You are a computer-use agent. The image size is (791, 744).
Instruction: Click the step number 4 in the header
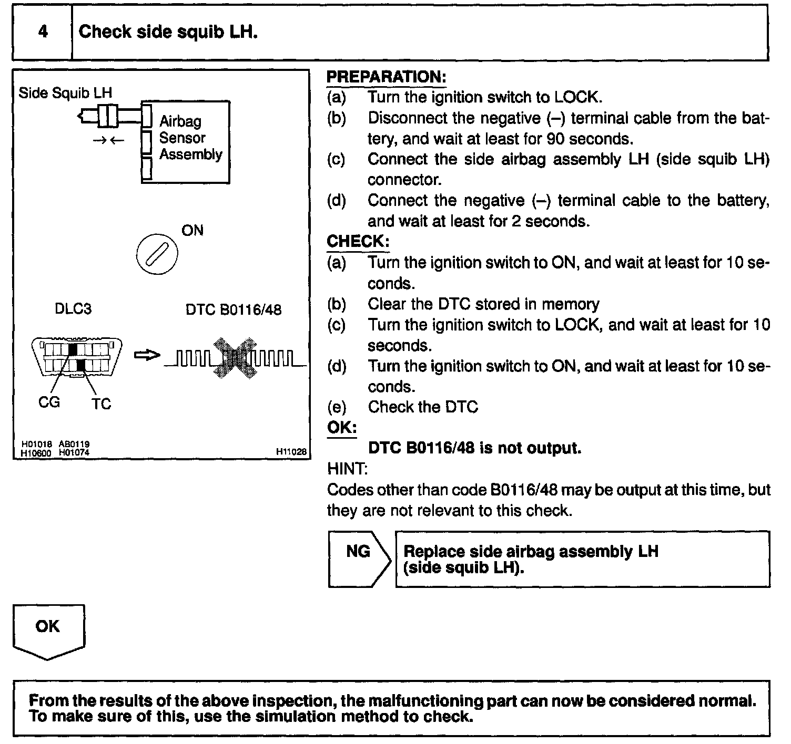tap(43, 32)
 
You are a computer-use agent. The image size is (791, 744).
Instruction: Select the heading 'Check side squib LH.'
tap(168, 32)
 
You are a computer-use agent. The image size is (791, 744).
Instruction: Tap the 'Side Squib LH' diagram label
tap(65, 93)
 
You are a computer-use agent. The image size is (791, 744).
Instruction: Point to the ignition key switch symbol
tap(157, 255)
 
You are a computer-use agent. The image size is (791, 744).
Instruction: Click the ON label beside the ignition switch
tap(192, 231)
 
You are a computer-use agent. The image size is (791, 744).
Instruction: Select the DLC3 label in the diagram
tap(73, 308)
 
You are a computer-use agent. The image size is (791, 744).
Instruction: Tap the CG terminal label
tap(49, 402)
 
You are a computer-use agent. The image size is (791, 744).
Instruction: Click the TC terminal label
tap(101, 404)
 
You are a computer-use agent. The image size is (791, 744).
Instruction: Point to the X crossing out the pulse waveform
tap(236, 358)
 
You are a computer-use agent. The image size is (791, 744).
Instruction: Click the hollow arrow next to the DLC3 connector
tap(147, 356)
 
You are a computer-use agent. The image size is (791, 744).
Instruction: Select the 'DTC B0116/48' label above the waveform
tap(234, 309)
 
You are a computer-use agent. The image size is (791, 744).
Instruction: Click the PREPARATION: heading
tap(386, 77)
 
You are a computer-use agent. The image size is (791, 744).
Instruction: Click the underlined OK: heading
tap(342, 427)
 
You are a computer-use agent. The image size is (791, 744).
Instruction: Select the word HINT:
tap(347, 468)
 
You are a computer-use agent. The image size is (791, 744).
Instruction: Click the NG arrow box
tap(359, 559)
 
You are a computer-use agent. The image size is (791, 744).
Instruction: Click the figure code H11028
tap(291, 451)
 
